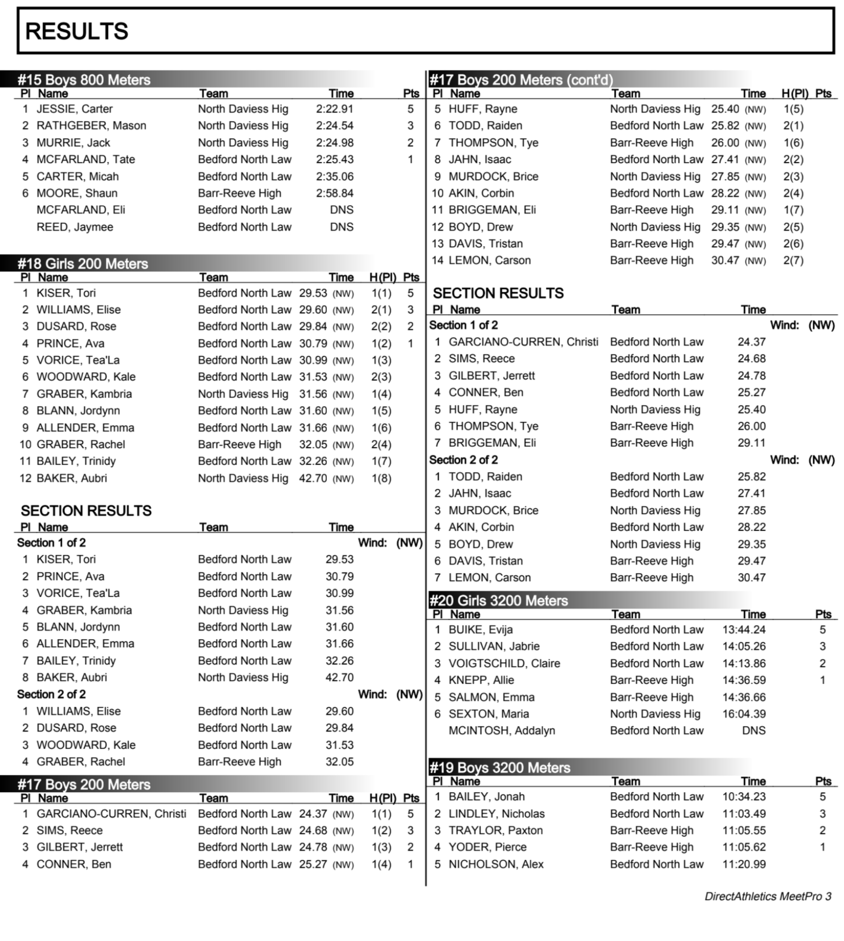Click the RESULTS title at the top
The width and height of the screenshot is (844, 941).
76,31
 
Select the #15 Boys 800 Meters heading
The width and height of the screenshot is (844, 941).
84,80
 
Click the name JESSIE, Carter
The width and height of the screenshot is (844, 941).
74,109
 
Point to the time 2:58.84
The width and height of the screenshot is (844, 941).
334,193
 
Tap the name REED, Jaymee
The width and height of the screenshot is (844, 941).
74,227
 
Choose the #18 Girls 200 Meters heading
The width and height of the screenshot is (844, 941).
83,264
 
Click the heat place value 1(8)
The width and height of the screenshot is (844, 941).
381,478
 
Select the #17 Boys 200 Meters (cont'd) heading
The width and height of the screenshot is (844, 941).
521,80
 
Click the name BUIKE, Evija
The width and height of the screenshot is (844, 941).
480,630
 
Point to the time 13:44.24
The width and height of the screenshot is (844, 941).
743,630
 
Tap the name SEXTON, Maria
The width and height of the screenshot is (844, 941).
488,714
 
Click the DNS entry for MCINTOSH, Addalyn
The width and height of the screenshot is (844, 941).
753,731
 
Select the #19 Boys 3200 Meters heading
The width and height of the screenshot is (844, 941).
499,768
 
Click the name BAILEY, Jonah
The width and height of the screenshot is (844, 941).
486,797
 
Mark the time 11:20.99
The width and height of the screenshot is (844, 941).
743,865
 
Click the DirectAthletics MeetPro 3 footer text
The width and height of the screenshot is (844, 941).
768,896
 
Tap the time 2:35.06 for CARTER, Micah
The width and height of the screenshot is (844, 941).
334,177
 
